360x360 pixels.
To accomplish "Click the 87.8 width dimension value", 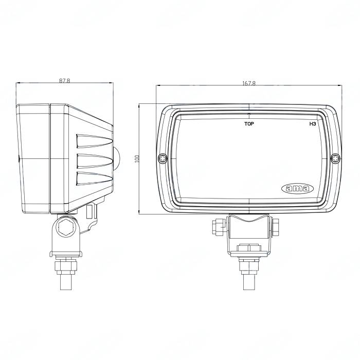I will pos(64,81).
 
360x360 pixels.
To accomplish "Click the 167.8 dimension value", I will pos(248,83).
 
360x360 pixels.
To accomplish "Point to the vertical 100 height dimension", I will pos(137,159).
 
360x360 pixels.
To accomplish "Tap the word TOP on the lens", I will pos(249,124).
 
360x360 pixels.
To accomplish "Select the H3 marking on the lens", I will pos(312,124).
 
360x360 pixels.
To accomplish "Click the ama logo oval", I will pos(297,189).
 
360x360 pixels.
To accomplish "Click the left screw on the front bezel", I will pos(163,158).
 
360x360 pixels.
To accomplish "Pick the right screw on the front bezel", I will pos(335,158).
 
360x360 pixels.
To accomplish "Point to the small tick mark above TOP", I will pos(249,114).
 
